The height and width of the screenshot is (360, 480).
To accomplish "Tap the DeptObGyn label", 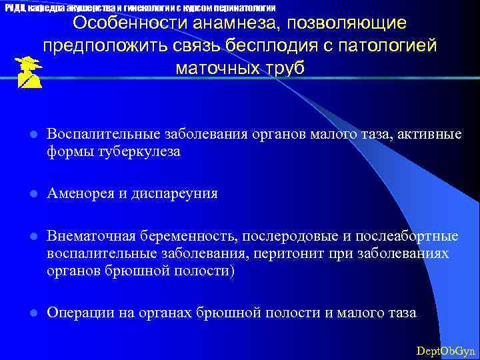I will click(445, 350).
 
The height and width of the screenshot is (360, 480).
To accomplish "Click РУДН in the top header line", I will click(15, 7).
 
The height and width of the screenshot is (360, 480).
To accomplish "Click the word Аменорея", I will click(76, 193).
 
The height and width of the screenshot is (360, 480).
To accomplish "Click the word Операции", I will click(77, 313).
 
